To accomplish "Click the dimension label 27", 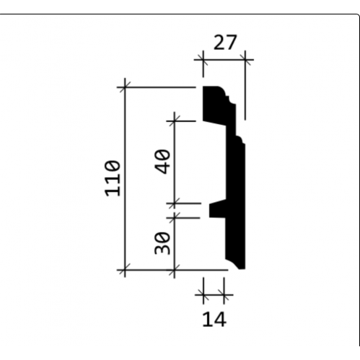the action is click(x=225, y=43).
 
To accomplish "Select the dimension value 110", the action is click(x=113, y=178).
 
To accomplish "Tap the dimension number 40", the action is click(x=162, y=162).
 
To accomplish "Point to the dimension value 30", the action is click(x=162, y=243).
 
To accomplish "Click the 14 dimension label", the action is click(x=214, y=319).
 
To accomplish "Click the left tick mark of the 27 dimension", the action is click(x=203, y=59).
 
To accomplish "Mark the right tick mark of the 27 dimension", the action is click(x=245, y=59).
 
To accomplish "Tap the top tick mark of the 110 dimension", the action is click(x=125, y=87).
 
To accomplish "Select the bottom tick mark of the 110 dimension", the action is click(x=125, y=270).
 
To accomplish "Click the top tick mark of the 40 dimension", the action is click(x=174, y=121).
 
